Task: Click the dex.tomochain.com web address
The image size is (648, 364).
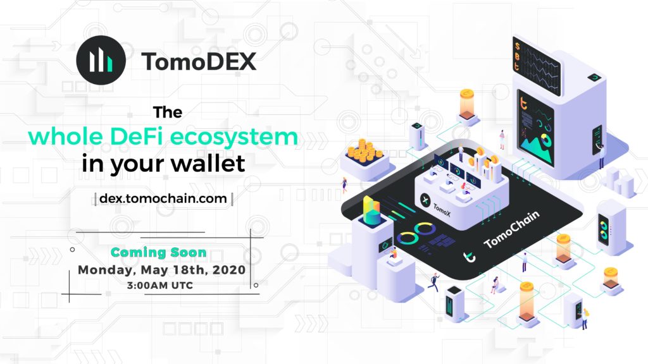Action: [163, 198]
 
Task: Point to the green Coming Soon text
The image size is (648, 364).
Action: [159, 253]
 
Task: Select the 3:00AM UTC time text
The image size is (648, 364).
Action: [159, 286]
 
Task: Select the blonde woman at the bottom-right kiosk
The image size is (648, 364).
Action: [585, 317]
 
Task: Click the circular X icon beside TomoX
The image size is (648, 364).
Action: [424, 202]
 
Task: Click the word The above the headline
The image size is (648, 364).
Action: [168, 112]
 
